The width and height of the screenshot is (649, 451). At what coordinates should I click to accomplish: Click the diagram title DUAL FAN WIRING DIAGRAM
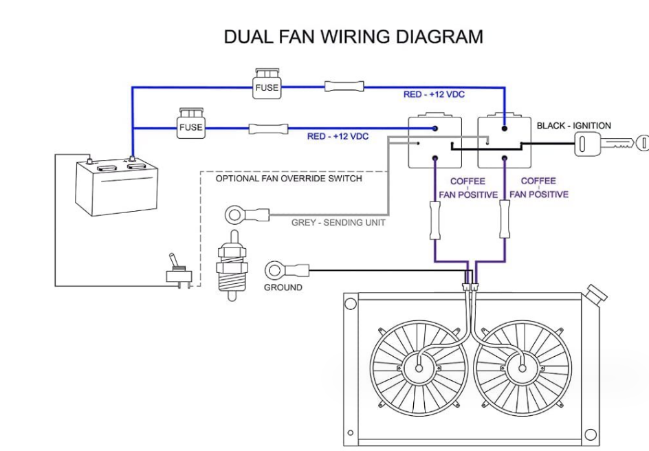[x=353, y=36]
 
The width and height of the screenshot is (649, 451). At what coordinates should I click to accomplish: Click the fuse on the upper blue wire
[x=267, y=85]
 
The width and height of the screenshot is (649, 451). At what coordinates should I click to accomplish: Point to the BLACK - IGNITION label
[x=573, y=126]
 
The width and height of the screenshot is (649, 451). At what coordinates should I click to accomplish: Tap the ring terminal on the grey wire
[x=235, y=214]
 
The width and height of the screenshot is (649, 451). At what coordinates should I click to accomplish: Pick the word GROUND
[x=283, y=287]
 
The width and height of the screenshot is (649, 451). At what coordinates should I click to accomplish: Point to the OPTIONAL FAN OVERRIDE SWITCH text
[x=289, y=179]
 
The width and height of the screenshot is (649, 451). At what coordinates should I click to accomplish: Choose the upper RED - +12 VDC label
[x=434, y=94]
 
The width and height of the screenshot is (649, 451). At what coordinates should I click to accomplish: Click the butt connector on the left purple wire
[x=434, y=220]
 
